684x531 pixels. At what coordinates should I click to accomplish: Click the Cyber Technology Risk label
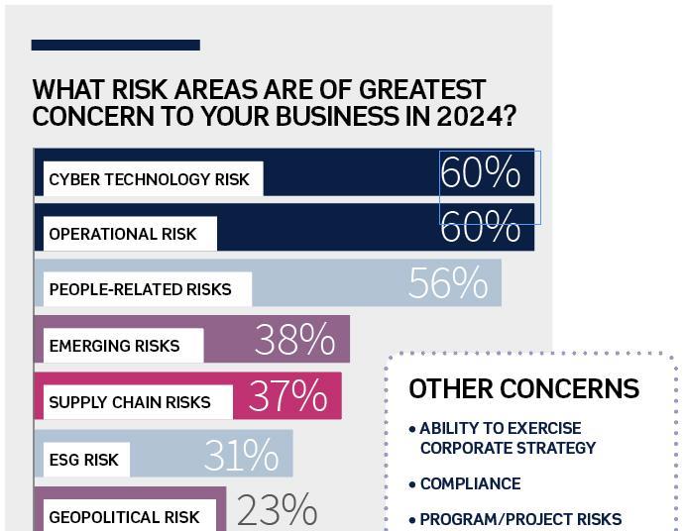[x=150, y=179]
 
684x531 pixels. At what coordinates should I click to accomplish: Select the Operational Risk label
[x=123, y=235]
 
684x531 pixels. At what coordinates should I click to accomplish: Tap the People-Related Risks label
[x=140, y=290]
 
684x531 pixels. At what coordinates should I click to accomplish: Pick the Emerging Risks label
[x=114, y=346]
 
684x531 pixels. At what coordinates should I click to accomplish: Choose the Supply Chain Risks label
[x=130, y=402]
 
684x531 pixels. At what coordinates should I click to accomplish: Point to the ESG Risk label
[x=83, y=460]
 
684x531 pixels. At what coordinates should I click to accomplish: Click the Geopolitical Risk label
[x=124, y=516]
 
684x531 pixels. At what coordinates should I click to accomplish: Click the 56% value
[x=447, y=284]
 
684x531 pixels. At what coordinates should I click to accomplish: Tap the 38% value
[x=294, y=340]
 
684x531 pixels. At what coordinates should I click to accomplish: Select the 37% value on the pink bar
[x=287, y=396]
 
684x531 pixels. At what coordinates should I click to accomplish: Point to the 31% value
[x=241, y=456]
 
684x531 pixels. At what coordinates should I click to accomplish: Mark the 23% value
[x=277, y=511]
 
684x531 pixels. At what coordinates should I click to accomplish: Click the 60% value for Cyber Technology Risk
[x=481, y=173]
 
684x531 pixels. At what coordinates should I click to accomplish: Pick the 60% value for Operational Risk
[x=481, y=228]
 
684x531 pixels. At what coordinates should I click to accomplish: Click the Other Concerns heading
[x=523, y=388]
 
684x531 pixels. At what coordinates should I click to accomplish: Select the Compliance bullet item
[x=470, y=483]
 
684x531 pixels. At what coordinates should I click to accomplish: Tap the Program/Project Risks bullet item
[x=520, y=519]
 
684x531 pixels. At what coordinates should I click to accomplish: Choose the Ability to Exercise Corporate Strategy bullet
[x=508, y=438]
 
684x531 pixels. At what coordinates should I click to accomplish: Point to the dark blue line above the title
[x=115, y=45]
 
